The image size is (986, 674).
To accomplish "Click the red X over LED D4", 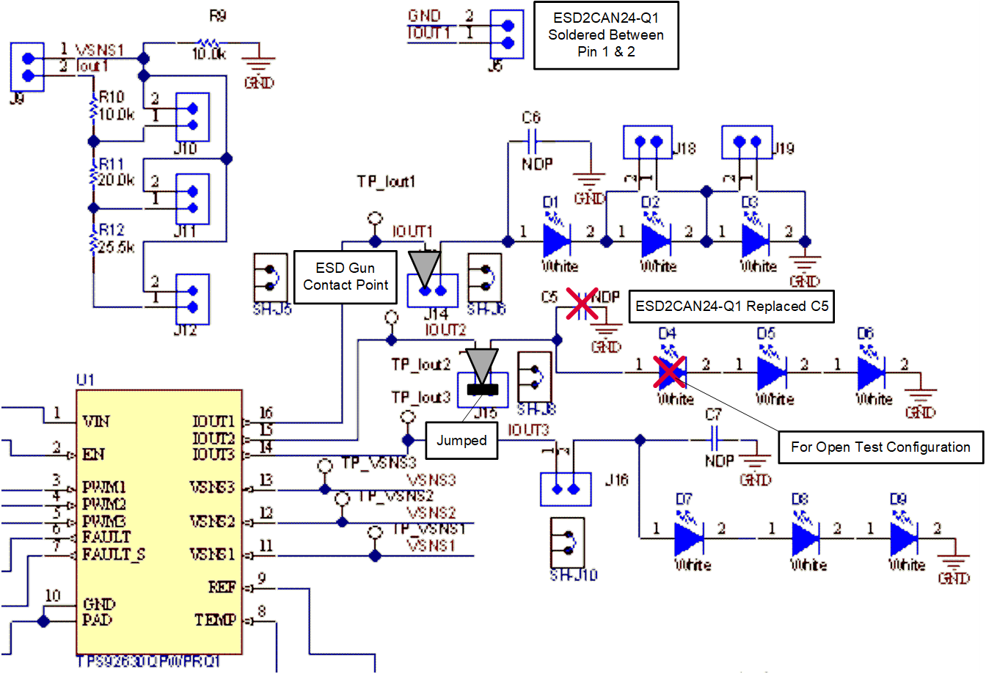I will pos(669,371).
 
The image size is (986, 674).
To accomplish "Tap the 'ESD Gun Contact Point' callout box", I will pos(345,277).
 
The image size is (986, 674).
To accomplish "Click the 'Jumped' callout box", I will pos(461,441).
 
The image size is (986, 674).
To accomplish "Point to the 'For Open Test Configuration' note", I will pos(880,447).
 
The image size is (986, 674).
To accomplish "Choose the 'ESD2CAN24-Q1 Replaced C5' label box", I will pos(731,307).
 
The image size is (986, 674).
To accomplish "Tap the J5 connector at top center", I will pos(507,34).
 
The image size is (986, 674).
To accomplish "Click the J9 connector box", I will pos(28,67).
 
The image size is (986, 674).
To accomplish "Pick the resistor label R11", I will pos(112,164).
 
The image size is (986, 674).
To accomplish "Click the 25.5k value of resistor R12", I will pos(116,247).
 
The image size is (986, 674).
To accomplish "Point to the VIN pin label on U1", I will pos(96,421).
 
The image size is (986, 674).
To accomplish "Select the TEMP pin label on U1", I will pos(215,620).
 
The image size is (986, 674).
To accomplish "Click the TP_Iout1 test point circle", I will pos(375,219).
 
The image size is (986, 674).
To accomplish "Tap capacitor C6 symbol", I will pos(533,137).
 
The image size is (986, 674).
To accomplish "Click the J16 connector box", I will pos(566,489).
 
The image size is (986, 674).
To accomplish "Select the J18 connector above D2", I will pos(648,142).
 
